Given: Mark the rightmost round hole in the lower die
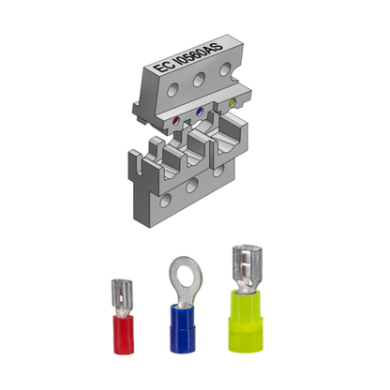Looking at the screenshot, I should coord(221,171).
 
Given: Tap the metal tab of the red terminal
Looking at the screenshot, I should coord(119,292).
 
